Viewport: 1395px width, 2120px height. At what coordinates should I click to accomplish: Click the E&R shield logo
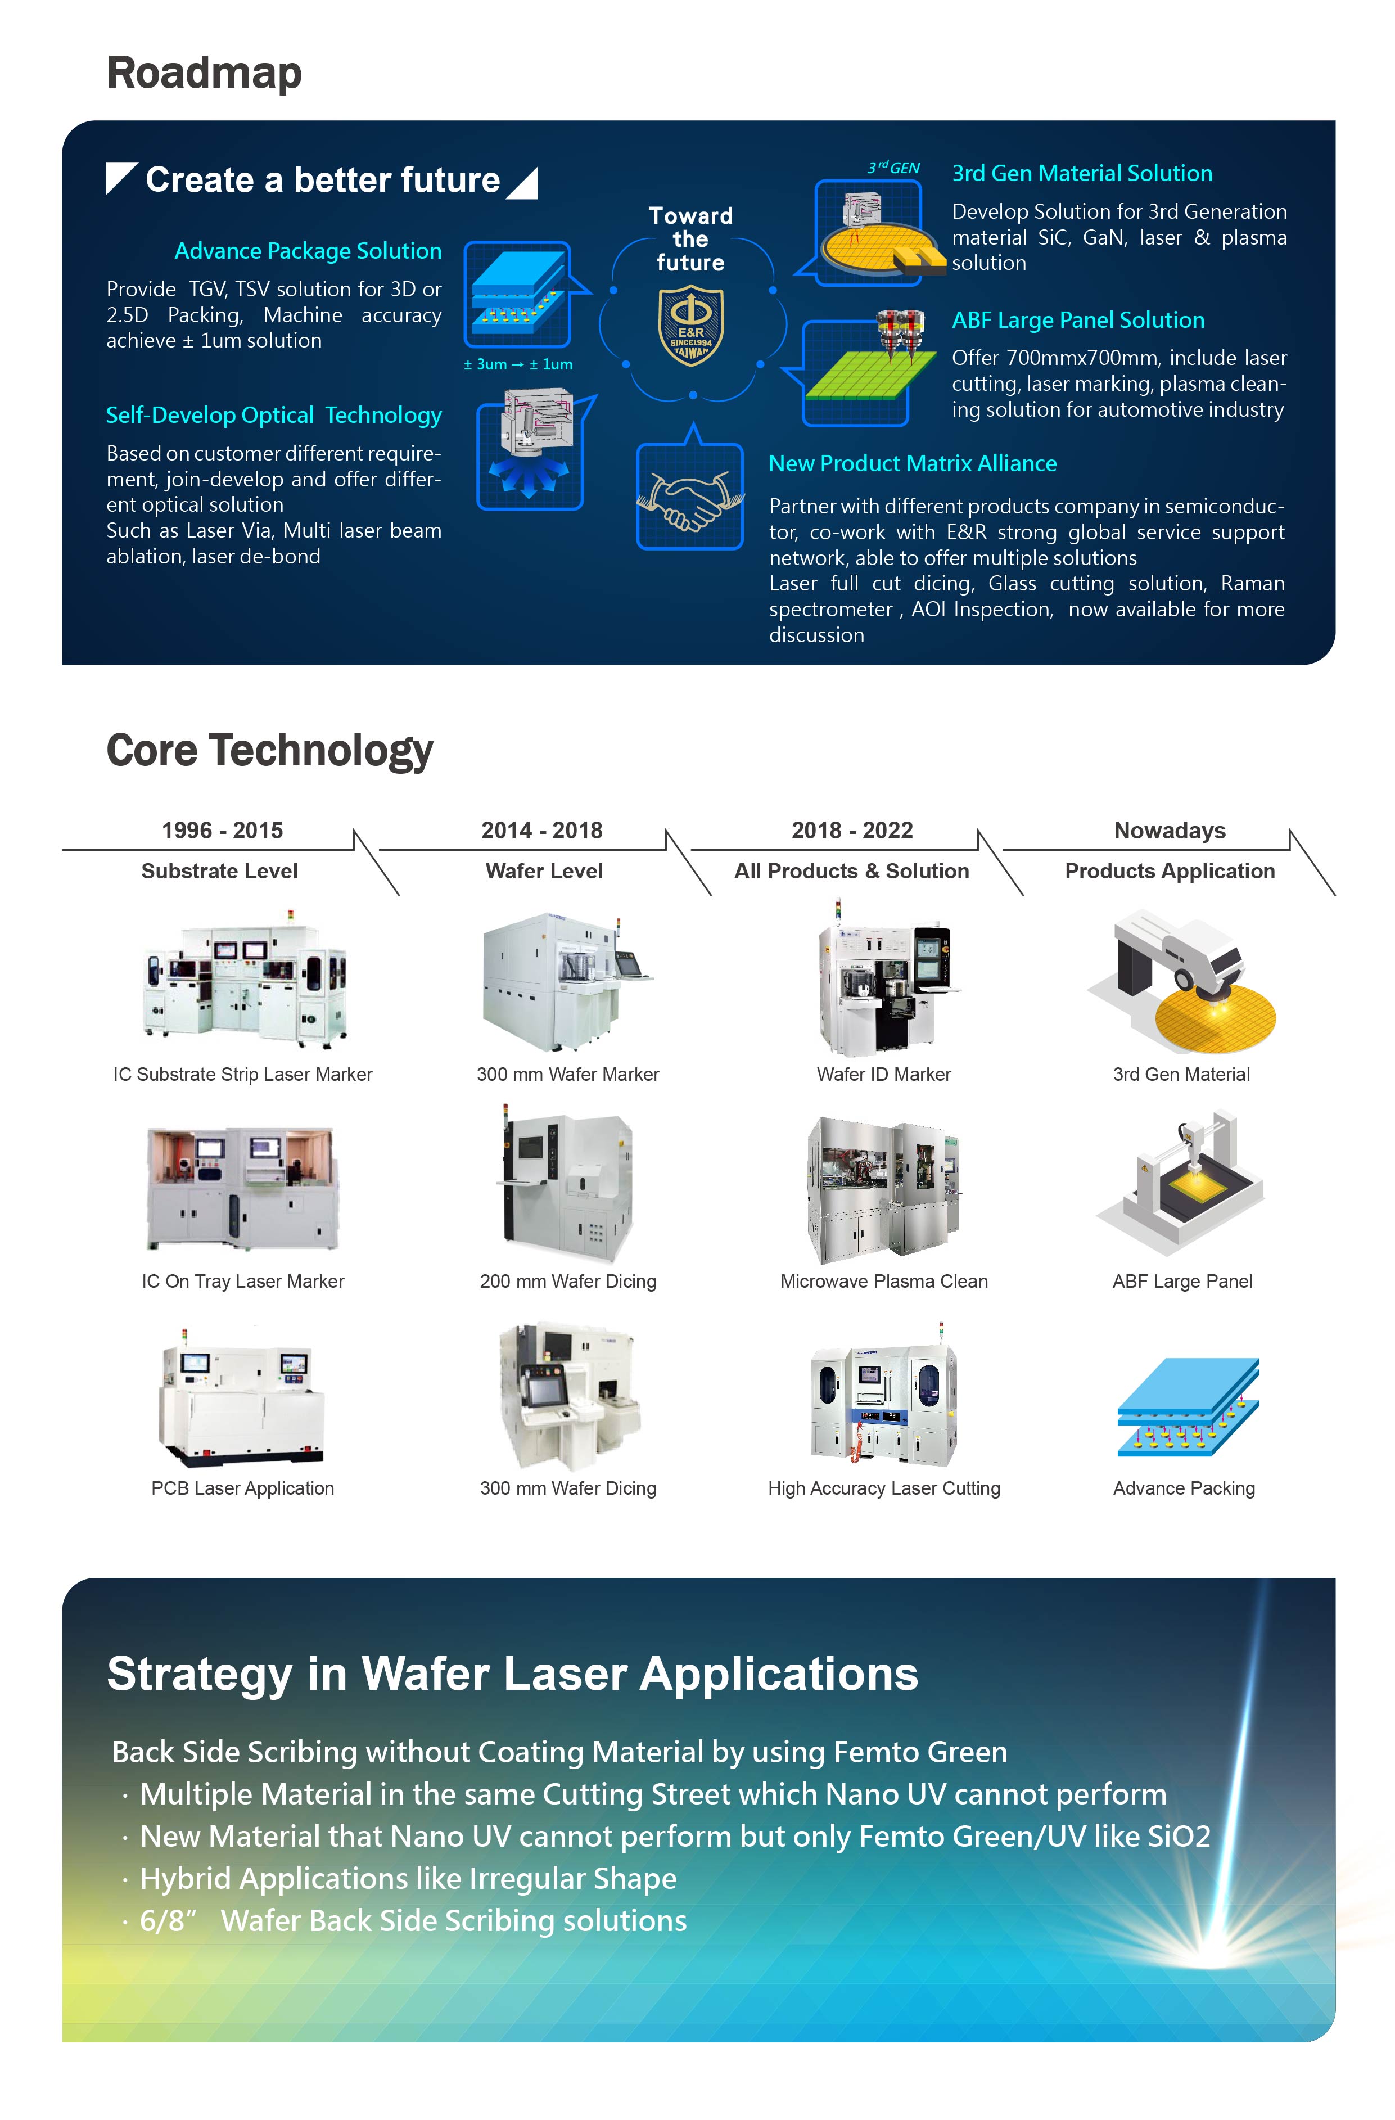pos(690,325)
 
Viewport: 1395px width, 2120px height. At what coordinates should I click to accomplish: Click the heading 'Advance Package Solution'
pos(308,251)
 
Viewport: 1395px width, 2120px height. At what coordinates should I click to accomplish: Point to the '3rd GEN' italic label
pos(893,168)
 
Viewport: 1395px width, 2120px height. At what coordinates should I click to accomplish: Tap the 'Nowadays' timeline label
pos(1170,830)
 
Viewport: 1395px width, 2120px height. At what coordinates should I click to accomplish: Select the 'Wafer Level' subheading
pos(544,871)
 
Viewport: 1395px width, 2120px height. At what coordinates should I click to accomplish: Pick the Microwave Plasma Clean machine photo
pos(884,1189)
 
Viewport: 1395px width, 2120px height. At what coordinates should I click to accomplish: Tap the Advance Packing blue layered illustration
pos(1188,1406)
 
